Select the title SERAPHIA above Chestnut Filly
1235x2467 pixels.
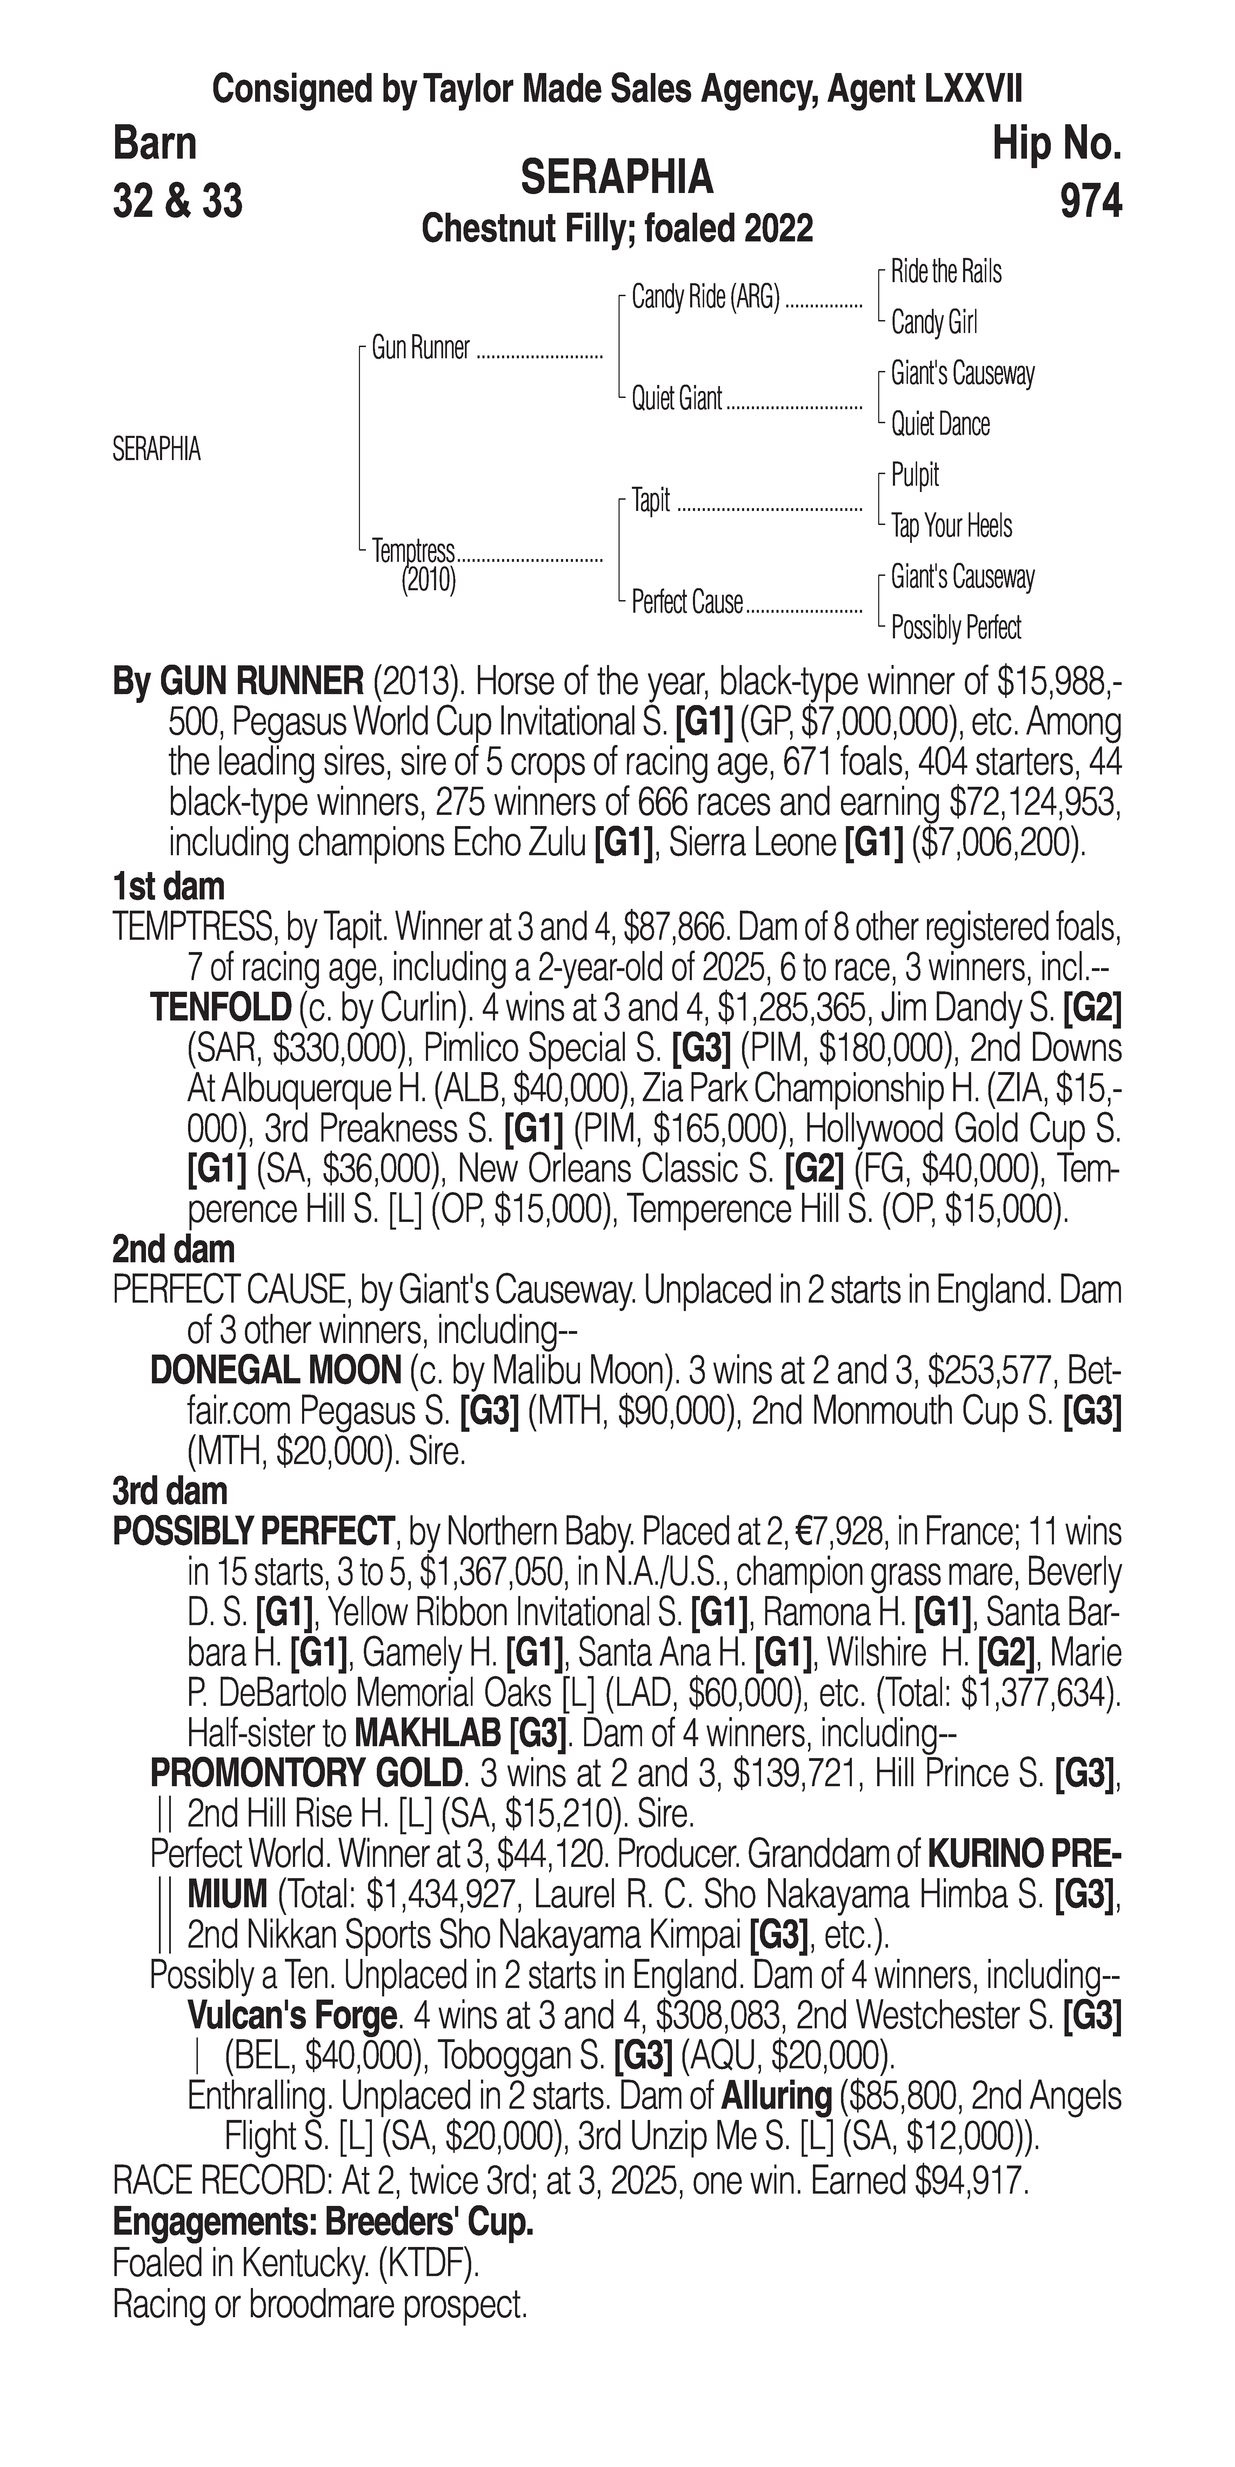(616, 177)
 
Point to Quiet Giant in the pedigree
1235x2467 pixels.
(676, 398)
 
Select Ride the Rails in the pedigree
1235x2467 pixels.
(946, 272)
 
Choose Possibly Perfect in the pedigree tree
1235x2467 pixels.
(955, 628)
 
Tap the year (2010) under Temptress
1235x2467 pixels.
(428, 579)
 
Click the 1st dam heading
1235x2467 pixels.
(168, 887)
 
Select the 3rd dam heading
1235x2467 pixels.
(169, 1491)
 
